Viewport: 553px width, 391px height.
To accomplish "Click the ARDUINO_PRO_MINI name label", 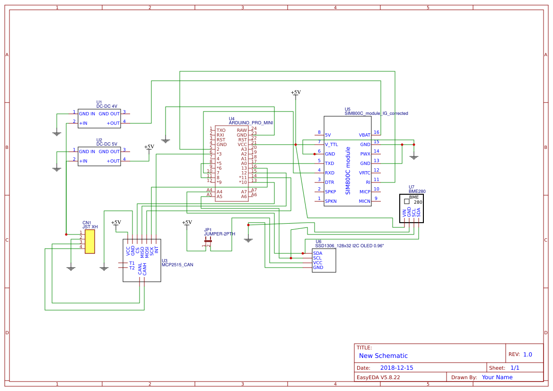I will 251,122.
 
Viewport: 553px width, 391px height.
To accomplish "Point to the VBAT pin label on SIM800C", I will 364,135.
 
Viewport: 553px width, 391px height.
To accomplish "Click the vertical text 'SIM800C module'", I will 348,170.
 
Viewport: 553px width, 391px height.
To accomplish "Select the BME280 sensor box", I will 411,208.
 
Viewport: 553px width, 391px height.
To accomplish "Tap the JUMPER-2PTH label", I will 219,234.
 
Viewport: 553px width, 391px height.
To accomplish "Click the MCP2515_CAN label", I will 177,265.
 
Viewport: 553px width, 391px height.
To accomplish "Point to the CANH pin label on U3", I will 145,269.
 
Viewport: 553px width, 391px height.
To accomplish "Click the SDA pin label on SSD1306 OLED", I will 317,253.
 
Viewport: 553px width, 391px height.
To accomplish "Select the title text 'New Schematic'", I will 383,356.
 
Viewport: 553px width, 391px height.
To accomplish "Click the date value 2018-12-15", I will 396,367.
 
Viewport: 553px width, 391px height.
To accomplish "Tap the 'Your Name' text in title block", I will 497,377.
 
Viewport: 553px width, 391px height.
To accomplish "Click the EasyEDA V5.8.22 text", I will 378,377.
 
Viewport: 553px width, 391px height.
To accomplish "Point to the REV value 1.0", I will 527,354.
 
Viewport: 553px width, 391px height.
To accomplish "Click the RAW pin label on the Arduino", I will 242,130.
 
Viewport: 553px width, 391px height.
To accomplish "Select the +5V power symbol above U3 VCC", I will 116,223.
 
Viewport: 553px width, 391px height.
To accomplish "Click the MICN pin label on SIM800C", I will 364,201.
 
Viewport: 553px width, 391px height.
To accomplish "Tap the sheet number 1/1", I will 515,367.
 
